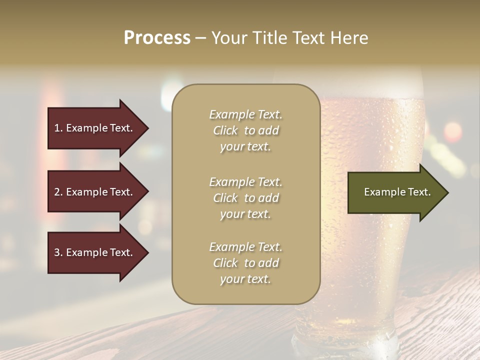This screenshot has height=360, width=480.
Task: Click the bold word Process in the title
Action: pyautogui.click(x=157, y=38)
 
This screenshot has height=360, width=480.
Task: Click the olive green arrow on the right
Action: pyautogui.click(x=395, y=192)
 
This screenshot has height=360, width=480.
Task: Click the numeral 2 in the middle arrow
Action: pyautogui.click(x=57, y=192)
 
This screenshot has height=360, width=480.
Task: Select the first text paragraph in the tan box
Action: pyautogui.click(x=245, y=130)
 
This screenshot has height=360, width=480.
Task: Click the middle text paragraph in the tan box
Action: pyautogui.click(x=245, y=198)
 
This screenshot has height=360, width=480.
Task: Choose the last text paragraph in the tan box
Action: pyautogui.click(x=245, y=263)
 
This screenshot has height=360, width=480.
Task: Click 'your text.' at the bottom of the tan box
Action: pyautogui.click(x=245, y=279)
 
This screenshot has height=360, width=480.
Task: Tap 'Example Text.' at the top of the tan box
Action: pyautogui.click(x=245, y=114)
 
